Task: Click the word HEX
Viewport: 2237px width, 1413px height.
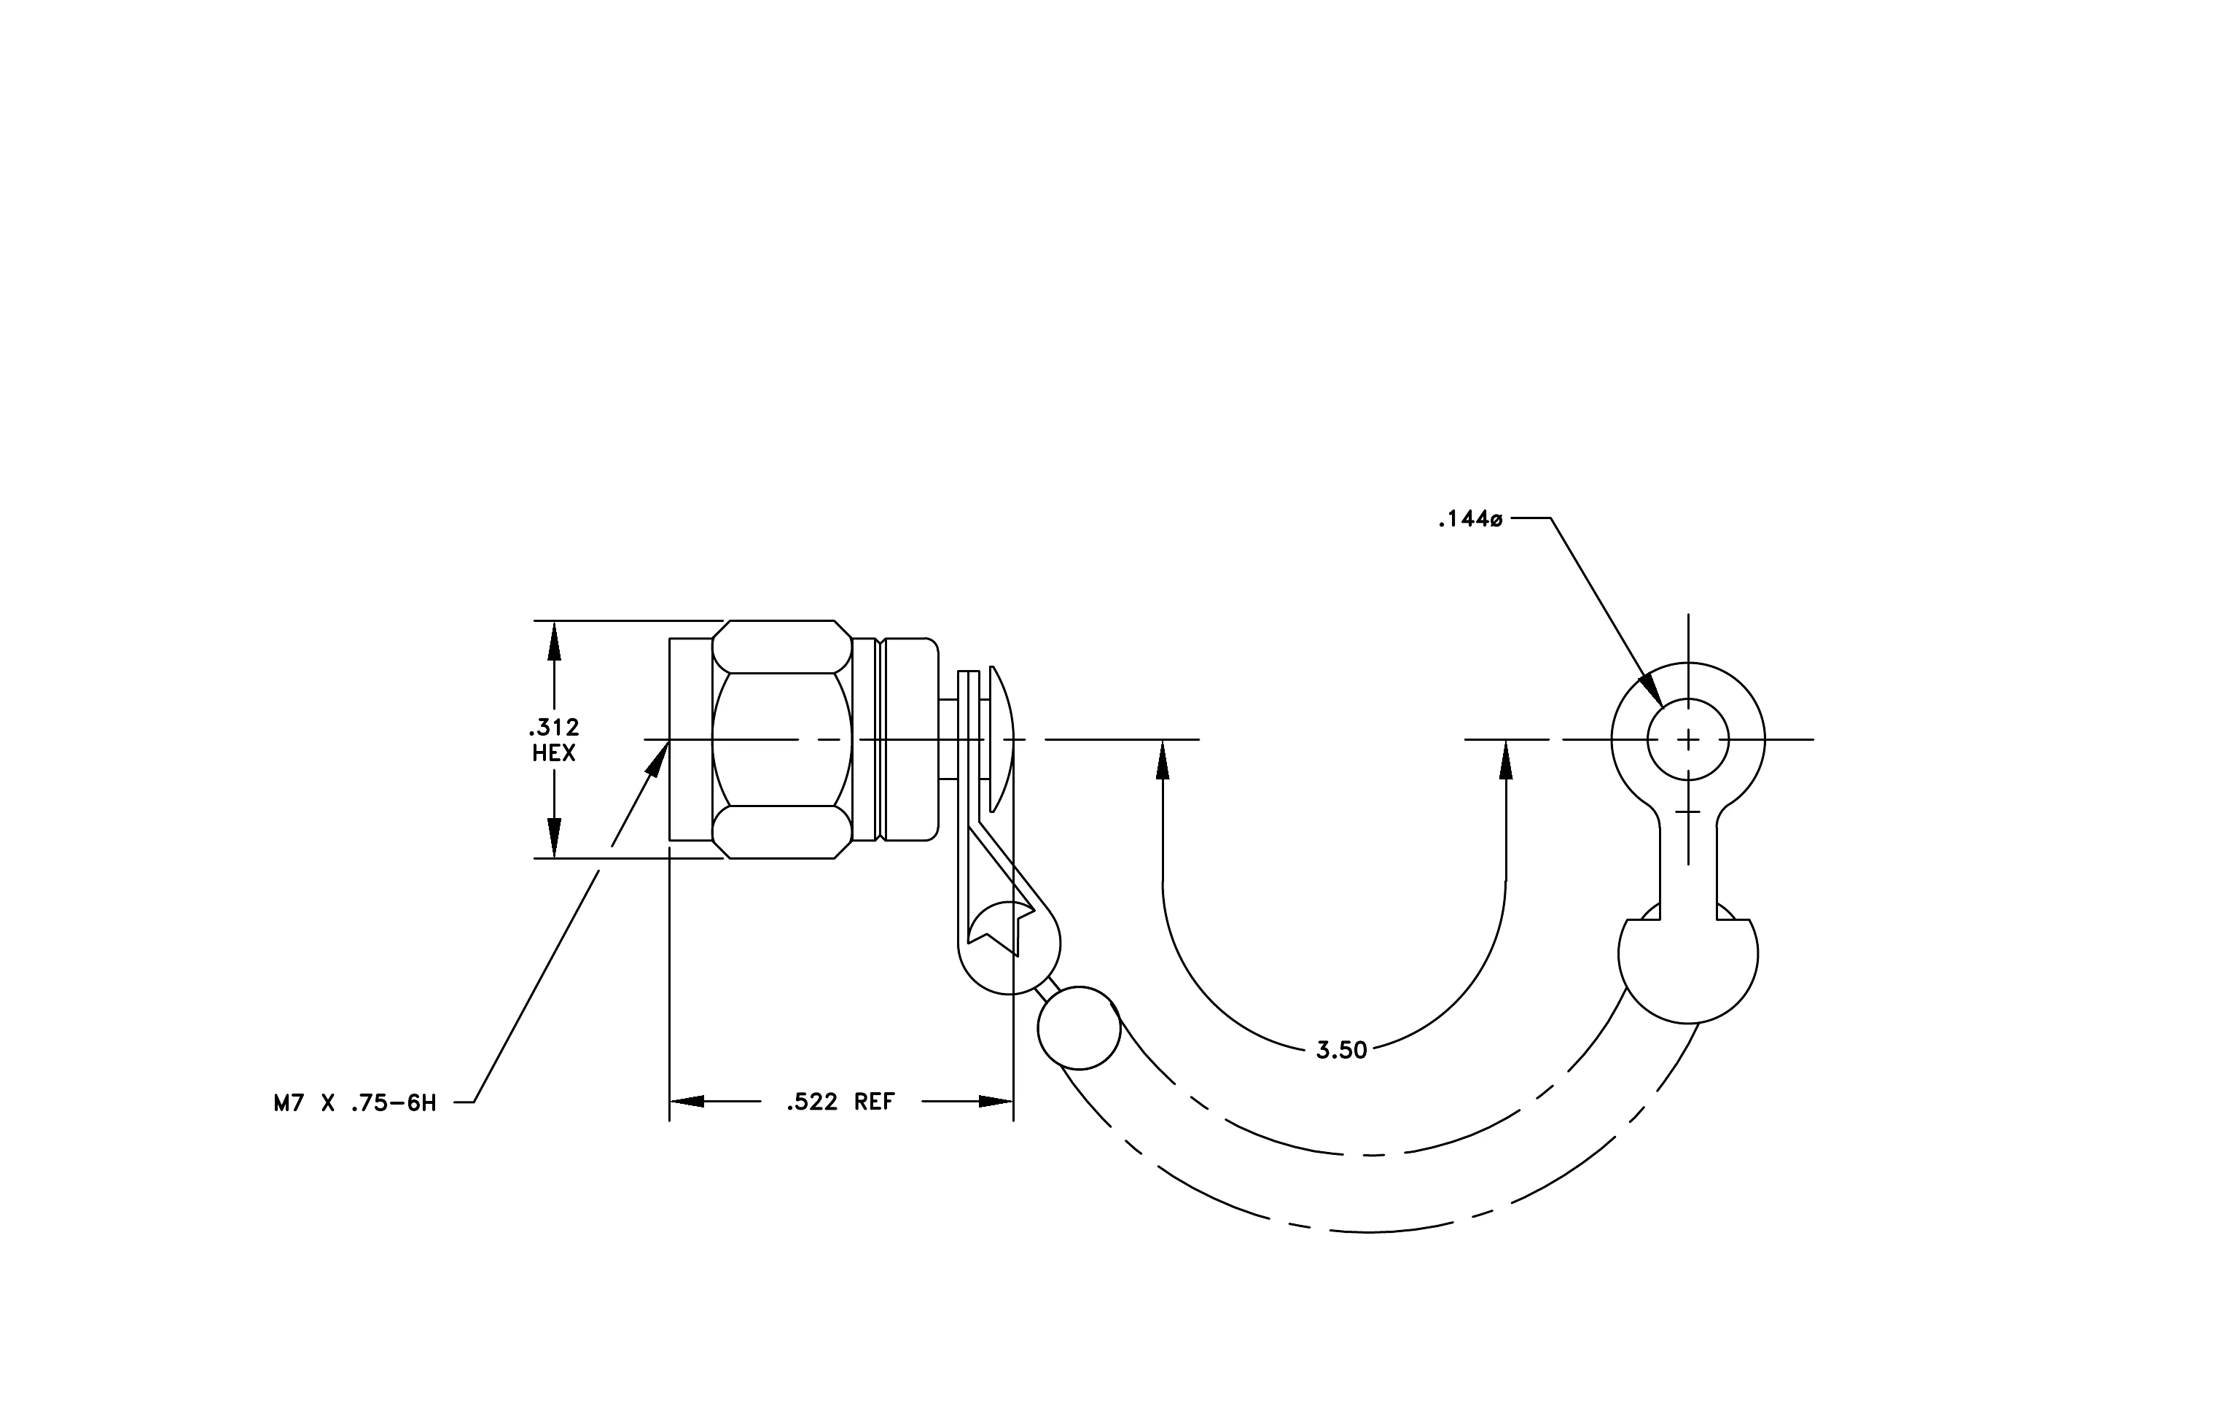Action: tap(554, 753)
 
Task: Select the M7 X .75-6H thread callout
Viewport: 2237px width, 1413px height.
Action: tap(355, 1104)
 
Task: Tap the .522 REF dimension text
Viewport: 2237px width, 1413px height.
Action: tap(840, 1102)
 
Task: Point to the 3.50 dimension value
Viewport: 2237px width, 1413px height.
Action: tap(1341, 1051)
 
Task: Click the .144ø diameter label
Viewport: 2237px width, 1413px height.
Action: tap(1469, 519)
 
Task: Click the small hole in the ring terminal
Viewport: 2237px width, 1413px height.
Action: tap(1688, 739)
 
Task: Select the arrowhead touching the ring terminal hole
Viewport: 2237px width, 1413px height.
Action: tap(1650, 689)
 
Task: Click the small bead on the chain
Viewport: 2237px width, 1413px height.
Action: tap(1079, 1028)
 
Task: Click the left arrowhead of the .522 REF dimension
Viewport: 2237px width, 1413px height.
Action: tap(687, 1102)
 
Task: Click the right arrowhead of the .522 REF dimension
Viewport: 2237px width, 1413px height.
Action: tap(996, 1102)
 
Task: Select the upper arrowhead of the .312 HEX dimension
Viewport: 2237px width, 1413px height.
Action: tap(555, 640)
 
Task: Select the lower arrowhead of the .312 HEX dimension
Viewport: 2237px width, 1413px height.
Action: tap(555, 838)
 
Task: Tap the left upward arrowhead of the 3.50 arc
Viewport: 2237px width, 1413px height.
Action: tap(1162, 759)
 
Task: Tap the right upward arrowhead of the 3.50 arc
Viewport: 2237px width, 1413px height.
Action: tap(1506, 759)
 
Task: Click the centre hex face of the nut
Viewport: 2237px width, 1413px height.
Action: tap(782, 739)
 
